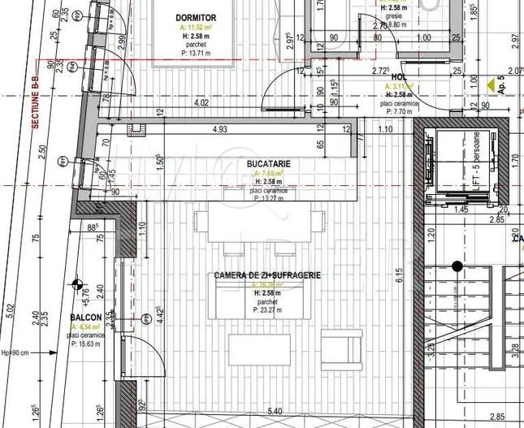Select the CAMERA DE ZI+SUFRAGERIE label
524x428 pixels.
(267, 275)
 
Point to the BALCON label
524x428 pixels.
(85, 318)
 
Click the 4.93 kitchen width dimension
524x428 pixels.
(219, 130)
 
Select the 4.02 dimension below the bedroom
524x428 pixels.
(201, 103)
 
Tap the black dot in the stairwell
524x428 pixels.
(457, 266)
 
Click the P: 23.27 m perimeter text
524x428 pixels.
(267, 309)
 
